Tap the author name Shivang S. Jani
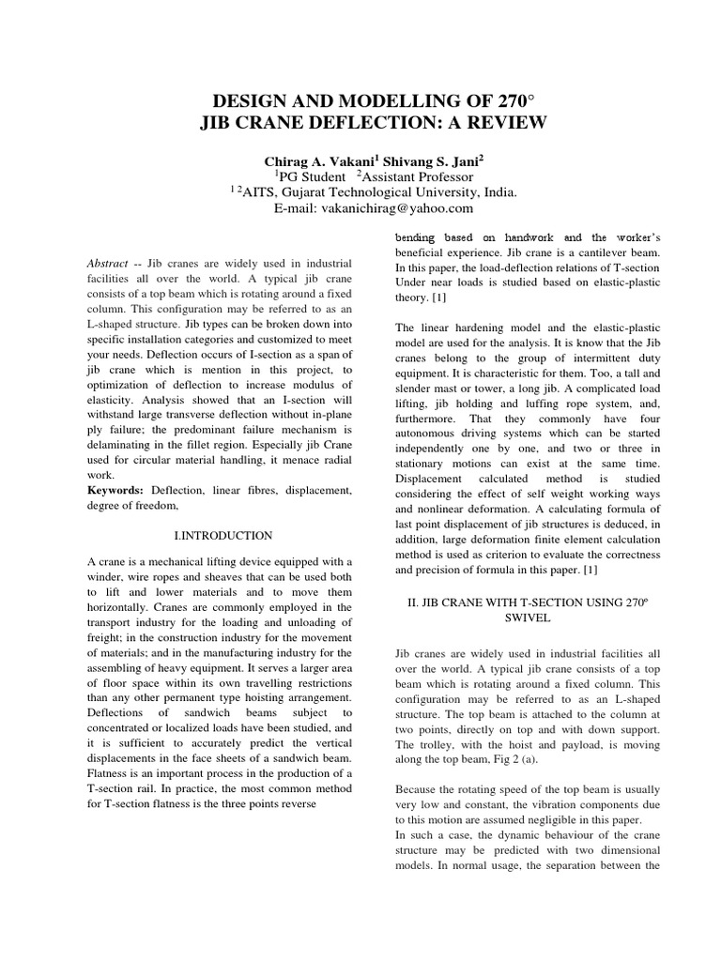coord(438,160)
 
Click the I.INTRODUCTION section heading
coord(224,536)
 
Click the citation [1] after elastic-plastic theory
coord(439,297)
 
